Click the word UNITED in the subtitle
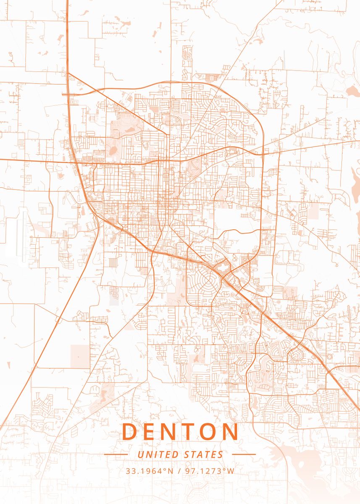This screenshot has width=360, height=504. (x=158, y=454)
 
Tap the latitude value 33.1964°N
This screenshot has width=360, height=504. (x=150, y=471)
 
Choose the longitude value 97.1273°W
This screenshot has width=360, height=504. (x=210, y=471)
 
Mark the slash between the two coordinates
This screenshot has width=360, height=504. (x=179, y=471)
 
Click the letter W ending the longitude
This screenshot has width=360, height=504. (x=231, y=471)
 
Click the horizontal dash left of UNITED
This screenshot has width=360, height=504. (x=116, y=454)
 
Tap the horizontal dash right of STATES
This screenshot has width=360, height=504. (x=244, y=454)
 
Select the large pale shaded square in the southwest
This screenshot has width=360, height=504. (x=80, y=356)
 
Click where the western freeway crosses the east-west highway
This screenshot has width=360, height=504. (x=74, y=161)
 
